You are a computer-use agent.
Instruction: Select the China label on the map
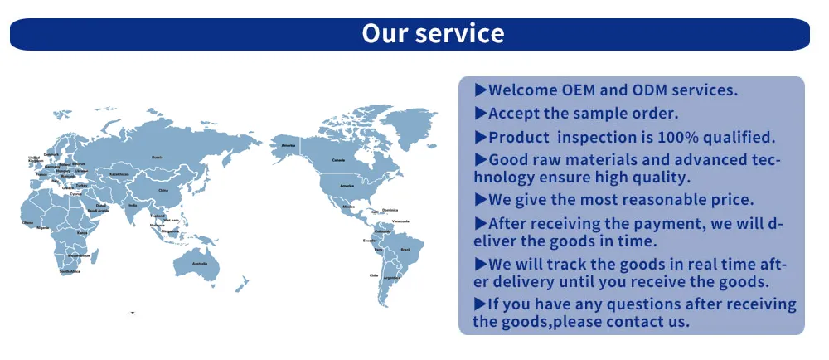163,190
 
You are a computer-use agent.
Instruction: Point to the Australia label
199,264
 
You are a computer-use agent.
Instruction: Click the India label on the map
133,205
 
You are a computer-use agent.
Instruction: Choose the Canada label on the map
338,159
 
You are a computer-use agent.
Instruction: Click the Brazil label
406,250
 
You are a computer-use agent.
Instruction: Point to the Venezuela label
401,221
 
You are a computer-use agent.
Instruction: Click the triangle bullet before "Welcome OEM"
480,90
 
